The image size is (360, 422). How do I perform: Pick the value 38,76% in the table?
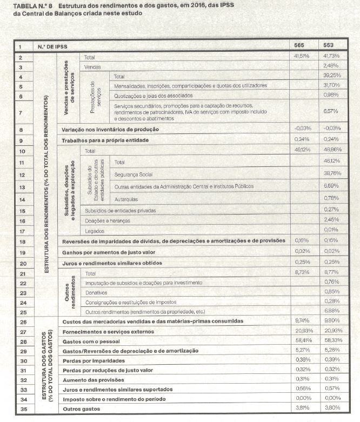(331, 175)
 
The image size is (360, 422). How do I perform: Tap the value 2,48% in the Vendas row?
(331, 66)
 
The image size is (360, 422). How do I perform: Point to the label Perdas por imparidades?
(91, 360)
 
